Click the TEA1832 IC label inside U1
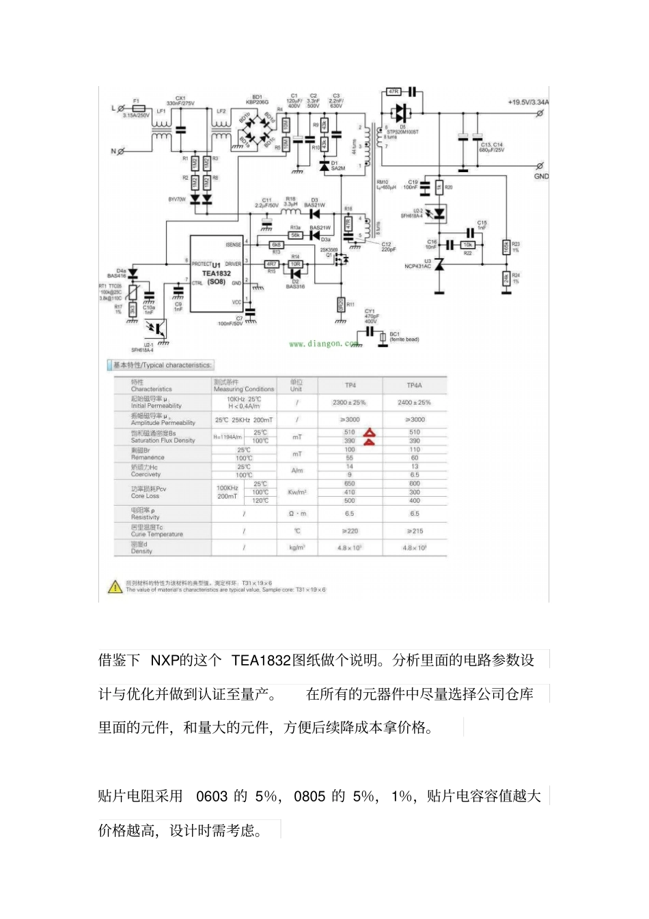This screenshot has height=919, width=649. tap(216, 273)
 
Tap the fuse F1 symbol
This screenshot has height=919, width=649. tap(139, 108)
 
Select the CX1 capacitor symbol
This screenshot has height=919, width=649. tap(180, 129)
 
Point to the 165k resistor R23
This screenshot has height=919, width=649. tap(506, 247)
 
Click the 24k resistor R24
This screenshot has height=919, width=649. tap(506, 278)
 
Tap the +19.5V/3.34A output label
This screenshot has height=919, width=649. tap(527, 102)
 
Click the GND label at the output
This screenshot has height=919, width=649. tap(541, 176)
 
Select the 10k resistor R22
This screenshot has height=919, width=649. tap(468, 245)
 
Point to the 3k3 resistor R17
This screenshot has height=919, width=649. tap(133, 310)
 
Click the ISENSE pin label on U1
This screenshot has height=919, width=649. tap(233, 245)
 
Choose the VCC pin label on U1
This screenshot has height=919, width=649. tap(236, 302)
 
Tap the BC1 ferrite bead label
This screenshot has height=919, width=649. tap(404, 337)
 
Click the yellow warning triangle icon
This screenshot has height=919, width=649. tap(115, 587)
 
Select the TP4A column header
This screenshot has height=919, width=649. tap(414, 385)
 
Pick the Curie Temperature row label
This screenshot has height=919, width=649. tap(156, 531)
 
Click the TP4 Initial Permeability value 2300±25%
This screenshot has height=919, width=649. tap(349, 402)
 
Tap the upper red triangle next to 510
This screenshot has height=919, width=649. tap(369, 433)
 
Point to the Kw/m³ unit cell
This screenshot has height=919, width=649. tap(296, 492)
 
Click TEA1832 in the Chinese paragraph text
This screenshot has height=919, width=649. tap(260, 660)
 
